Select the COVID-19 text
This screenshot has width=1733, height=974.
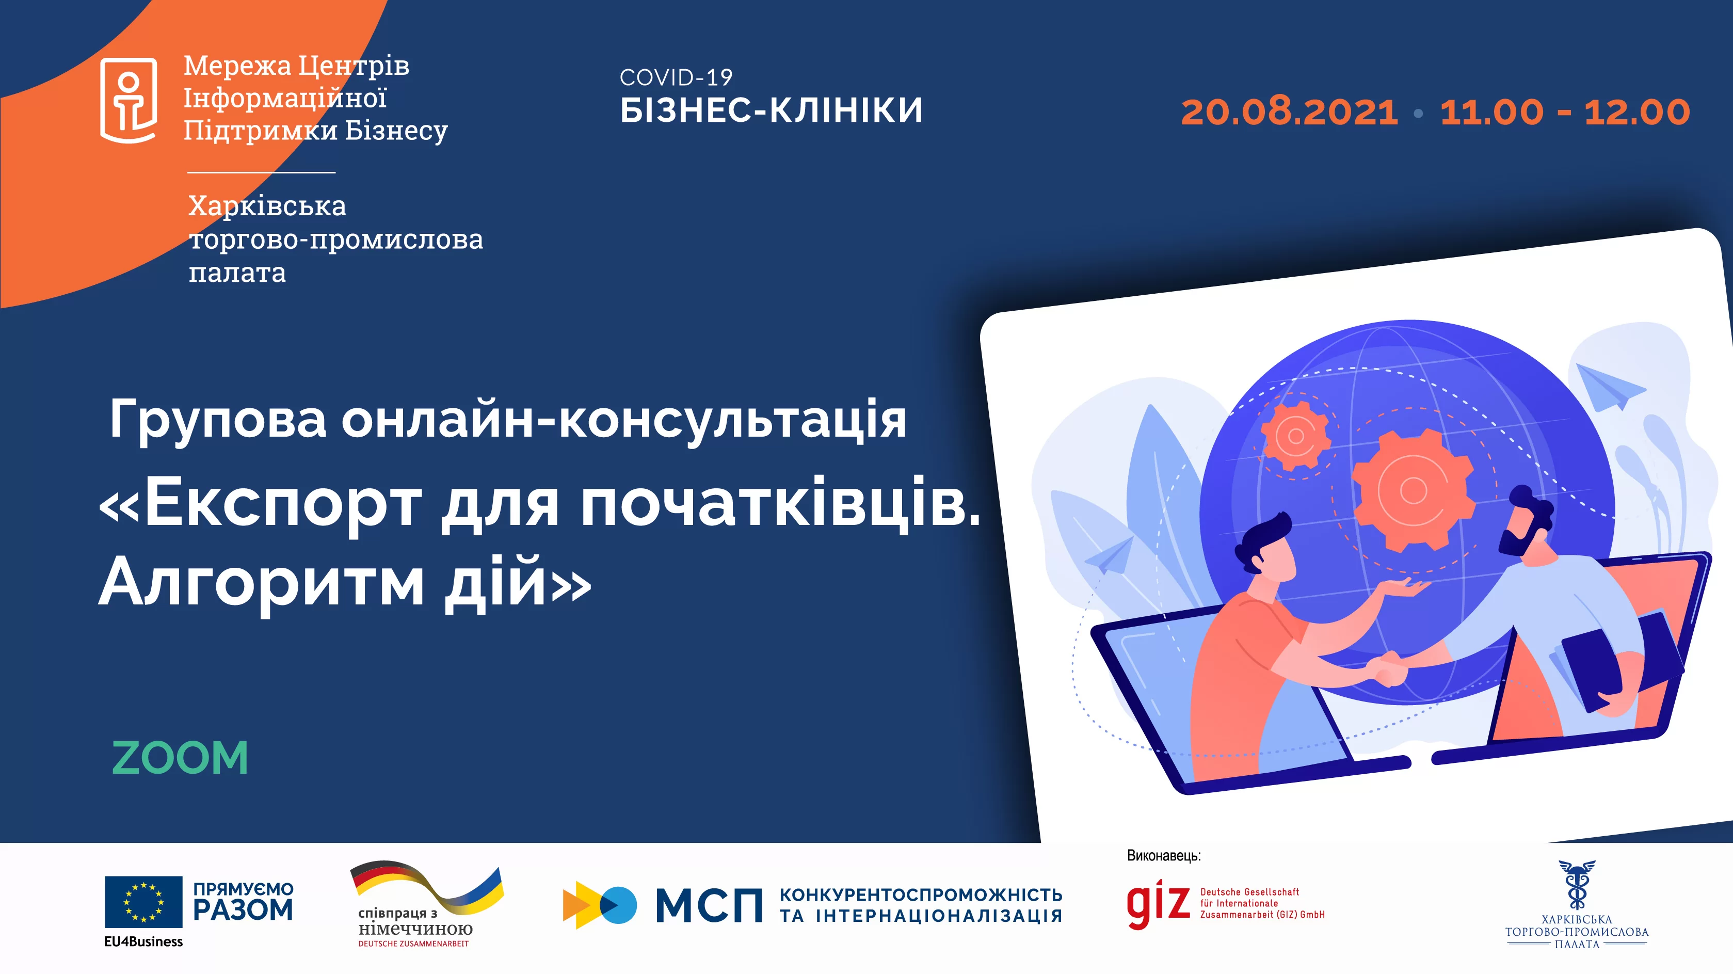[x=676, y=77]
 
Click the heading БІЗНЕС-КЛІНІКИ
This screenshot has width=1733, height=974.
[x=771, y=110]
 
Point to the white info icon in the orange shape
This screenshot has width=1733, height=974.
[x=129, y=100]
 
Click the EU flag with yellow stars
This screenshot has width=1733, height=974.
[x=143, y=901]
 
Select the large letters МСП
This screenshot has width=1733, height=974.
[x=709, y=905]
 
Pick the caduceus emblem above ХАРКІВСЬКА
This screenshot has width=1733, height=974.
[x=1576, y=885]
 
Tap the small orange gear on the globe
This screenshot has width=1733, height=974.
[x=1295, y=436]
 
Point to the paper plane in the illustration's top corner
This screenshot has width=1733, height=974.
[x=1610, y=387]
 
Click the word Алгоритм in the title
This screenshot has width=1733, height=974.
[x=262, y=583]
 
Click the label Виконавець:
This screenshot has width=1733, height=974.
[x=1163, y=856]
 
